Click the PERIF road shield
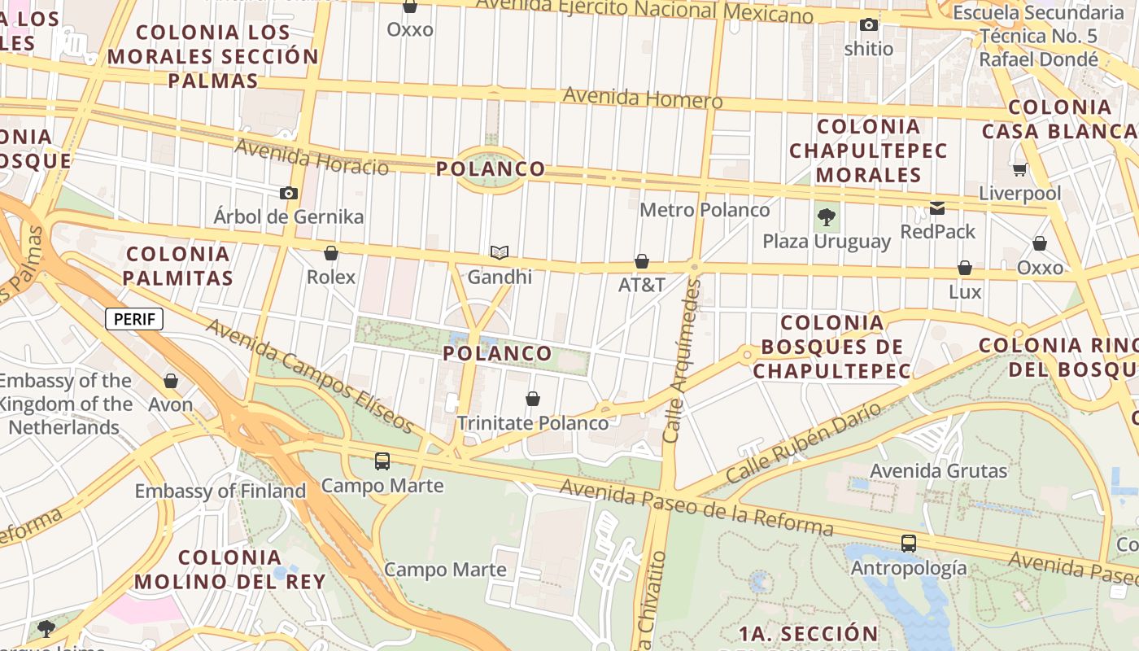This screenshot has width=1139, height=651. tap(134, 319)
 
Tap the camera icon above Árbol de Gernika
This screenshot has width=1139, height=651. tap(288, 193)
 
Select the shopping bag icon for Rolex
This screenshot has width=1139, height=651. tap(331, 253)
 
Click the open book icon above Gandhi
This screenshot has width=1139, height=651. tap(500, 253)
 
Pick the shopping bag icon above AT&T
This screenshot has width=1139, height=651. tap(642, 261)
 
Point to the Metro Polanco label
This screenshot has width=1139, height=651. tap(705, 210)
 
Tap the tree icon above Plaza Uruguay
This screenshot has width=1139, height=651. tap(827, 217)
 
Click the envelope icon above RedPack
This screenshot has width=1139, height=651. tap(937, 208)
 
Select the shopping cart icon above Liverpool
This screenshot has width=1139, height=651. tap(1019, 169)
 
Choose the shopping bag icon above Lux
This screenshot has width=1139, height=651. tap(965, 268)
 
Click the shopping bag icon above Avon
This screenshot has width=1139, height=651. tap(171, 380)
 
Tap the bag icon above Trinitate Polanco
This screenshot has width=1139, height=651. tap(533, 399)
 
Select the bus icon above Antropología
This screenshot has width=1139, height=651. tap(909, 543)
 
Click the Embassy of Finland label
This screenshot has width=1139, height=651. tap(220, 492)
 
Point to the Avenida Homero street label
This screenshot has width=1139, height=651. tap(643, 98)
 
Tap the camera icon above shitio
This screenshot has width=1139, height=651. tap(869, 25)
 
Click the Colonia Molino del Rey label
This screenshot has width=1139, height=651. tap(230, 570)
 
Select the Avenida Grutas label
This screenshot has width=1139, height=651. tap(939, 471)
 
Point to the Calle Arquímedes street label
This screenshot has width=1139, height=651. tap(682, 360)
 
